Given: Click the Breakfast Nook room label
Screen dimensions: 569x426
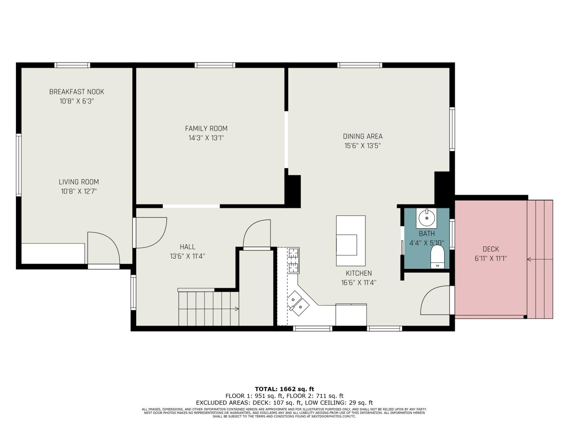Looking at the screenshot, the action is click(x=77, y=92).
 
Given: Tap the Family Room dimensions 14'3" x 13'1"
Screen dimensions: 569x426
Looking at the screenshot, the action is click(x=206, y=138).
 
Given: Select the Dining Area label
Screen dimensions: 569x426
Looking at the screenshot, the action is click(x=362, y=136).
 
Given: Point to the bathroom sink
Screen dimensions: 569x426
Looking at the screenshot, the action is click(x=427, y=218).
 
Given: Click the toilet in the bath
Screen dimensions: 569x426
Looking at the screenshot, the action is click(x=438, y=257).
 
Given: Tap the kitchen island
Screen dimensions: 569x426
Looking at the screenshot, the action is click(x=351, y=241).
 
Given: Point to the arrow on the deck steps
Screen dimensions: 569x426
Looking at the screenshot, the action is click(x=540, y=259).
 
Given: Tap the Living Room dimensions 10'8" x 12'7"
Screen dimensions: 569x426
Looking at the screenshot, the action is click(x=79, y=191).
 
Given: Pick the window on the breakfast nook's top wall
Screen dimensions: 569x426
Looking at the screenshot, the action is click(x=72, y=65).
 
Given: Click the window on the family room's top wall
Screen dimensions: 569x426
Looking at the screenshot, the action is click(x=215, y=65).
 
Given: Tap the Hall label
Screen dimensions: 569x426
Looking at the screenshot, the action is click(x=188, y=247).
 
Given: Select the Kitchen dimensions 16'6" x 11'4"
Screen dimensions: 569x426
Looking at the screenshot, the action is click(x=359, y=282).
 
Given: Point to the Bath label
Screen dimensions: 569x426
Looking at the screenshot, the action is click(x=427, y=233).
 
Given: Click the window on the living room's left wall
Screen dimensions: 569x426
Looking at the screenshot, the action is click(x=19, y=165).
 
